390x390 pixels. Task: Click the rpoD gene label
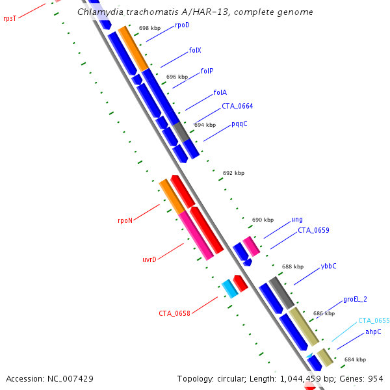tap(182, 25)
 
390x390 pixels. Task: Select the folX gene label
tap(195, 50)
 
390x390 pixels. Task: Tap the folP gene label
tap(207, 71)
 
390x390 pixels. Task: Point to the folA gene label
tap(220, 93)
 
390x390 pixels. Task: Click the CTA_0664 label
tap(237, 106)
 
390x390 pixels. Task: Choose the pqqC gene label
tap(239, 123)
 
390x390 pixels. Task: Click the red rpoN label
tap(125, 220)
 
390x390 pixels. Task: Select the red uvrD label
tap(149, 259)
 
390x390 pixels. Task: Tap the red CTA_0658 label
tap(174, 313)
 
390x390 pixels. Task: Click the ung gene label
tap(296, 220)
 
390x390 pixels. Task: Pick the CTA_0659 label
tap(313, 230)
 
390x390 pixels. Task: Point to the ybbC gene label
tap(328, 266)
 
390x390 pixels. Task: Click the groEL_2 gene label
tap(355, 300)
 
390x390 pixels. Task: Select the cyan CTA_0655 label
tap(374, 320)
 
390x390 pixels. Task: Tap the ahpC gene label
tap(372, 331)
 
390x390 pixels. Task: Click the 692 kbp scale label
tap(233, 173)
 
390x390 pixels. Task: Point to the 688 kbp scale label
tap(292, 266)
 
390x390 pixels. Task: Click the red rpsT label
tap(10, 19)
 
